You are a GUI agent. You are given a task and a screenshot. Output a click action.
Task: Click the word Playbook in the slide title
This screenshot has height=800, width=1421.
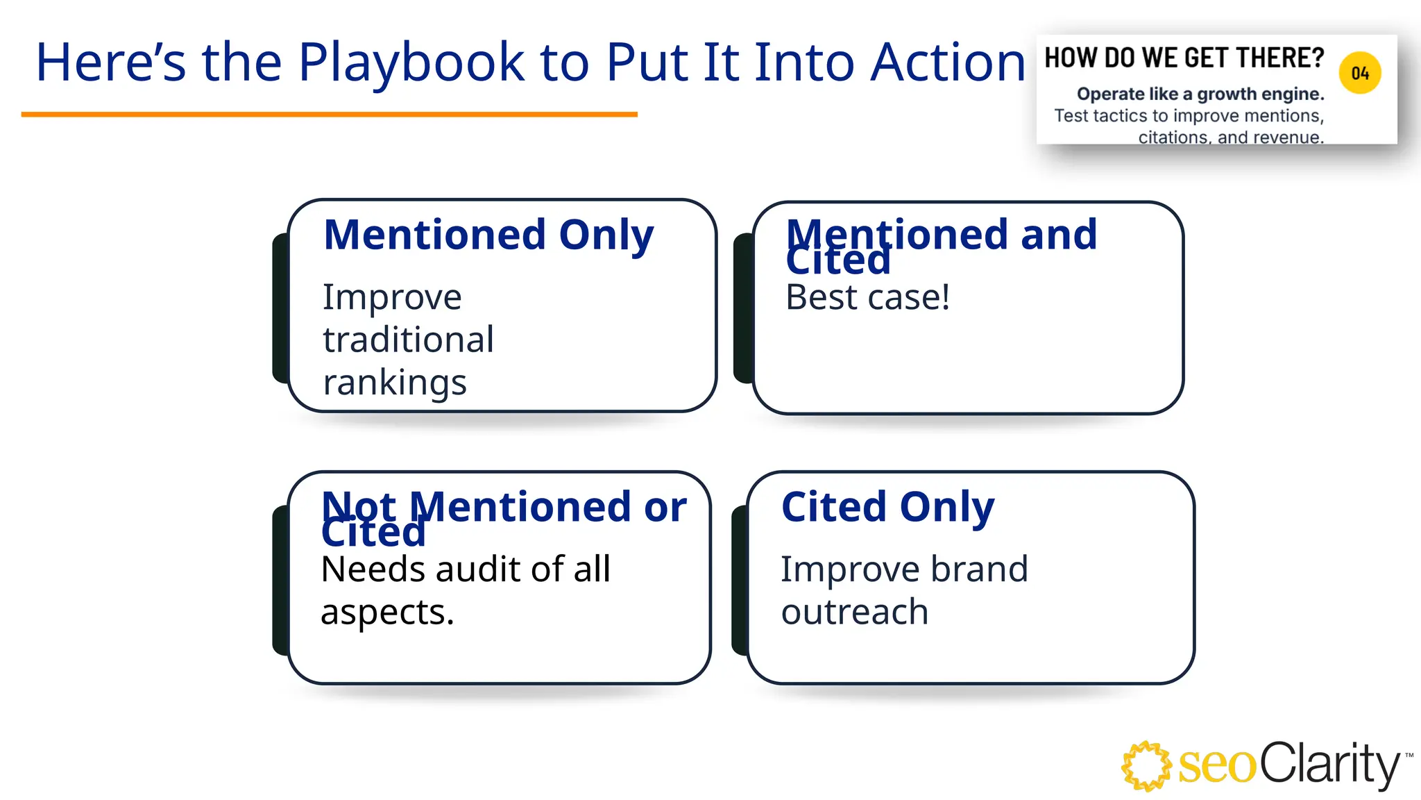coord(411,62)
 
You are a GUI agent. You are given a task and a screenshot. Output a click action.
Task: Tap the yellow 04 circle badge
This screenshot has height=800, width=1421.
coord(1360,73)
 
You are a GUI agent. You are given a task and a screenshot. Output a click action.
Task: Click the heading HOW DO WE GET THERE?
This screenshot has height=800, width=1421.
coord(1184,58)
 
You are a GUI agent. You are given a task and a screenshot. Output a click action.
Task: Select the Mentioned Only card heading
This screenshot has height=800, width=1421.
coord(488,235)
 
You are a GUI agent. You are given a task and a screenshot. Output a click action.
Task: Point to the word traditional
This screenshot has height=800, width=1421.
coord(408,340)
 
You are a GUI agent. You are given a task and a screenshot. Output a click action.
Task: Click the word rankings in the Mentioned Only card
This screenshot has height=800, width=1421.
coord(395,383)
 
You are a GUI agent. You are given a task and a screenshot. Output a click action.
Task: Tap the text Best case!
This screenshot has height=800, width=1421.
coord(867,297)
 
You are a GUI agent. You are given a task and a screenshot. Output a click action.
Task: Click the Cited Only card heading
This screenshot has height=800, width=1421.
coord(887,507)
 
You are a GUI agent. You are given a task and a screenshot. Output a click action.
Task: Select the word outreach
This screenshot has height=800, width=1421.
coord(854,612)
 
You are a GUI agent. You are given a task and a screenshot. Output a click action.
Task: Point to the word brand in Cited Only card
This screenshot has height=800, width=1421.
coord(979,569)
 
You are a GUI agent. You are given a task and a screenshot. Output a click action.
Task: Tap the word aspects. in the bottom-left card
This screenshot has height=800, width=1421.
coord(387,612)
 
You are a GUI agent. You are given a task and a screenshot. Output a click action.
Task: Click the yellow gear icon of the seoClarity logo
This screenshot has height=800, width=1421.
coord(1146,766)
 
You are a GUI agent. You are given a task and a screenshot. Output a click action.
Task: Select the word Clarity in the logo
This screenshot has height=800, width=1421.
coord(1329,764)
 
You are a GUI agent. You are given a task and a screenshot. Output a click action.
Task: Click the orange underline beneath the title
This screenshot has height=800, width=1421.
coord(329,115)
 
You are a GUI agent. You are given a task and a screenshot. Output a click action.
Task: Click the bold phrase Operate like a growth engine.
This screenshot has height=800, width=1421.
coord(1200,94)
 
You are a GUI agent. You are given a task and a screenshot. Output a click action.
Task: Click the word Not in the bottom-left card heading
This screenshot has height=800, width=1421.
coord(359,507)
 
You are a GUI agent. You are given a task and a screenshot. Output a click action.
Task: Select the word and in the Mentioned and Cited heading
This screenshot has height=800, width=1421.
coord(1059,235)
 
